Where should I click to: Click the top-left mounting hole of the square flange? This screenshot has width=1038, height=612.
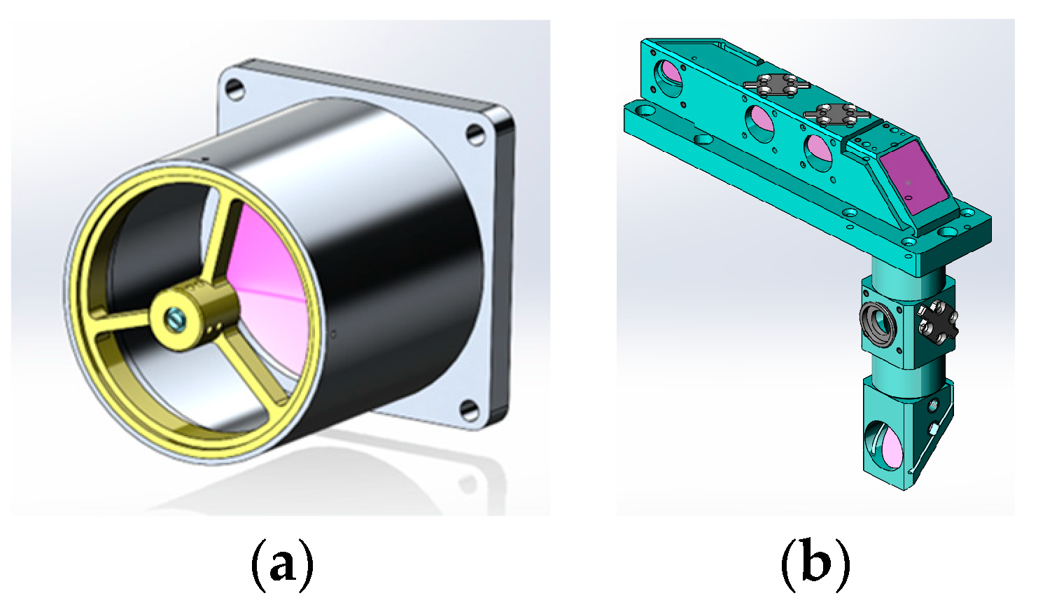pyautogui.click(x=235, y=89)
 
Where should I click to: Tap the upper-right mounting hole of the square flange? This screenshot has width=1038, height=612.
pyautogui.click(x=477, y=133)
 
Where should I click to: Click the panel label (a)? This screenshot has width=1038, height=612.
pyautogui.click(x=281, y=564)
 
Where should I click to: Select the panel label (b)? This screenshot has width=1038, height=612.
pyautogui.click(x=815, y=564)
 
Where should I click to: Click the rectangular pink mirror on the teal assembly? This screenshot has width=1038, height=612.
pyautogui.click(x=913, y=180)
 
